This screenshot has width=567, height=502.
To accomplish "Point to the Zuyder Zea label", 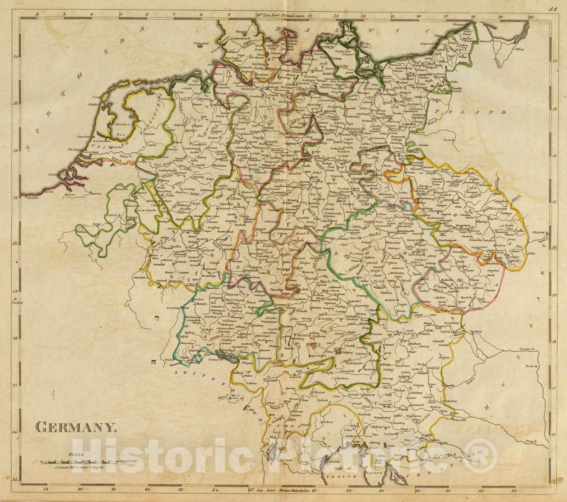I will pos(123,130).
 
